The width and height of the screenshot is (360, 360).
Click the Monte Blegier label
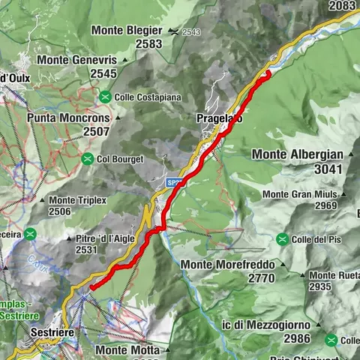[127, 30]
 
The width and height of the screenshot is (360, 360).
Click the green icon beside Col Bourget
[88, 158]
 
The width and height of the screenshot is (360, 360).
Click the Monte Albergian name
[298, 154]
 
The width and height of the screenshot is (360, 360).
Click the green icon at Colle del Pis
[282, 239]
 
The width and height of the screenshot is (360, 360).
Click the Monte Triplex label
[78, 200]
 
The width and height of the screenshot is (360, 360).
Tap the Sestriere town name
[55, 330]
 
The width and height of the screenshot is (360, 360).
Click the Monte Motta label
[127, 349]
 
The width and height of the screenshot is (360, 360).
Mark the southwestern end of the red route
[91, 286]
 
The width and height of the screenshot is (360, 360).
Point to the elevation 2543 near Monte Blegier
[190, 32]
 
